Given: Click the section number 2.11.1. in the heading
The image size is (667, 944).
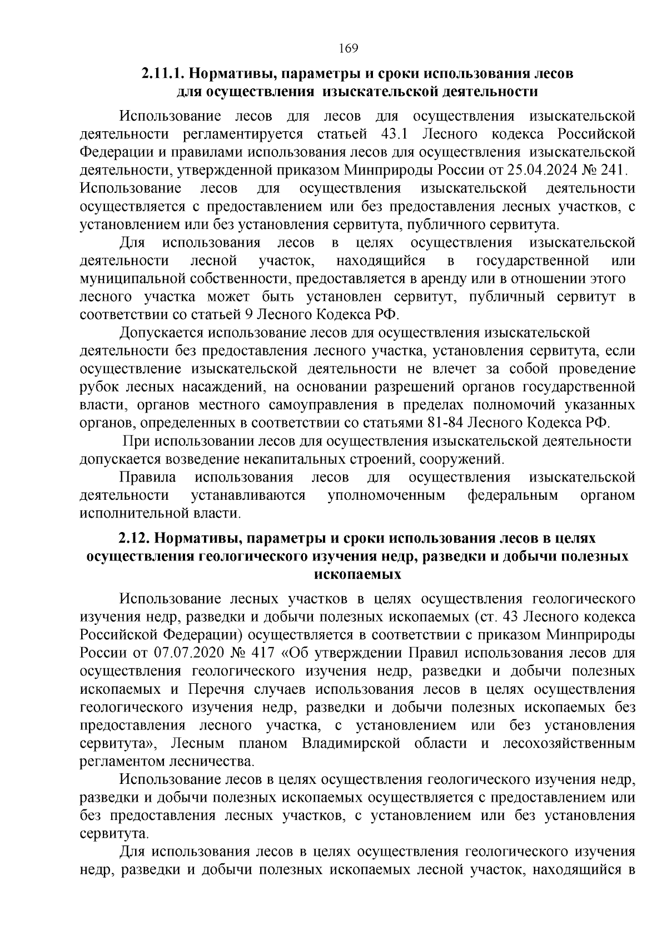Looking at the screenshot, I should (x=162, y=74).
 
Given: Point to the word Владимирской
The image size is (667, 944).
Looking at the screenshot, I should (x=351, y=744).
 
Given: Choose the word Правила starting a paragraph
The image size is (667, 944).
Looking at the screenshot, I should (x=147, y=478).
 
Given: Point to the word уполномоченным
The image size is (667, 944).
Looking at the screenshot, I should (x=386, y=495).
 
